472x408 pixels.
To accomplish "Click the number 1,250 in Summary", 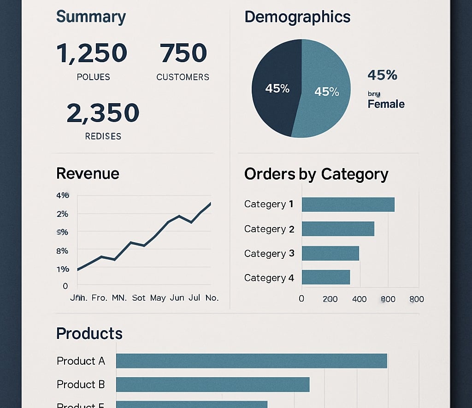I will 92,53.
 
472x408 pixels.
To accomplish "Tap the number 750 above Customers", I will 183,53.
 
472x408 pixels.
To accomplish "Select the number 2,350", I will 103,113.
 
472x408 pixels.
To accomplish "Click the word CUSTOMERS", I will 183,77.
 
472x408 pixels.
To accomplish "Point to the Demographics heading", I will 297,17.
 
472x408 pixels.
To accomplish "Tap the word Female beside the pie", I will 386,104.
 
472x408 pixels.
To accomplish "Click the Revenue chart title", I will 88,174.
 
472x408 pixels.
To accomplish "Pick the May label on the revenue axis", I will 158,298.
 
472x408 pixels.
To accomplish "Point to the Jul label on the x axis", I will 194,298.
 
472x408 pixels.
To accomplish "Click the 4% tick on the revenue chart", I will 62,195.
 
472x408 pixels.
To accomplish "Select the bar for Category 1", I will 348,204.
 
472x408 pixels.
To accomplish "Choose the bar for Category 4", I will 326,277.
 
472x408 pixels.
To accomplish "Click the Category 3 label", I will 269,253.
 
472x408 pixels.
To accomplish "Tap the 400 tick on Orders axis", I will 359,299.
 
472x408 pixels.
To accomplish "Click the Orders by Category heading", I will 316,174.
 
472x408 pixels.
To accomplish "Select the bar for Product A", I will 251,361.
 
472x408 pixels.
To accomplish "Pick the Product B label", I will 81,384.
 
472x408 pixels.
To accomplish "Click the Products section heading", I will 89,333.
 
